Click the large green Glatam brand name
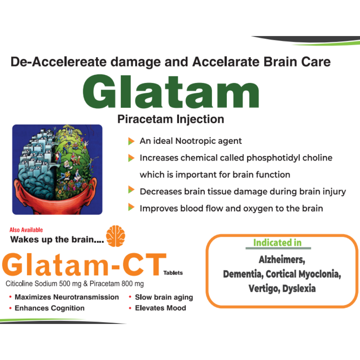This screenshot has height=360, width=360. (x=171, y=92)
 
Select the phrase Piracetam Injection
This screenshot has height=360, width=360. (x=170, y=119)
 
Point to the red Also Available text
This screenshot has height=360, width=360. (x=26, y=230)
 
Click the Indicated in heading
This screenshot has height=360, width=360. (x=277, y=243)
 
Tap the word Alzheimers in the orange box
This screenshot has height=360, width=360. (x=282, y=260)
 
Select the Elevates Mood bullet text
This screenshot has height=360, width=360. (x=160, y=308)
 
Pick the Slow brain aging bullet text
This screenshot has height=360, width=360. (x=164, y=297)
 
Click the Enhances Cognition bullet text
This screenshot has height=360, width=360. (x=50, y=308)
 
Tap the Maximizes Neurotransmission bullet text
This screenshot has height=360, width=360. (x=67, y=297)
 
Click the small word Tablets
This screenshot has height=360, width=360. (x=173, y=273)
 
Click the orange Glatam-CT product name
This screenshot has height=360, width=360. (x=84, y=264)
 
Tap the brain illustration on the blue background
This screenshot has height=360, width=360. (x=57, y=169)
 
